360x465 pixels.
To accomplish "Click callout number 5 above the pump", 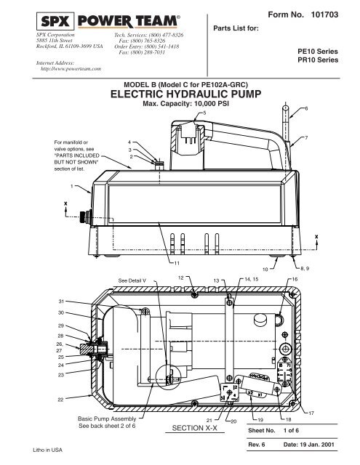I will point(204,113).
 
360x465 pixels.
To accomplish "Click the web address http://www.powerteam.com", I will point(71,68).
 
